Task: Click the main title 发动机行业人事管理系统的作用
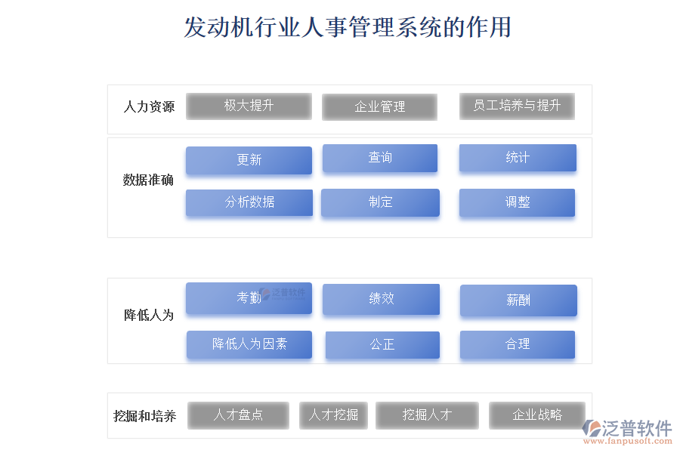348,27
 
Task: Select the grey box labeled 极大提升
249,106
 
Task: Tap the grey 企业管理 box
379,106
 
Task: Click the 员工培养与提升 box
517,106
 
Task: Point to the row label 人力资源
149,106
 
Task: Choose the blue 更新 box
249,160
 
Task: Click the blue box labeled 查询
380,158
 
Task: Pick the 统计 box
518,158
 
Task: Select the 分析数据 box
249,202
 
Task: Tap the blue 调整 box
517,202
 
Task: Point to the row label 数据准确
148,180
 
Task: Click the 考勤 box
249,297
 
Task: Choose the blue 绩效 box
382,299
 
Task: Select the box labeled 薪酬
518,300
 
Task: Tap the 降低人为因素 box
249,344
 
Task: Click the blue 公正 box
382,345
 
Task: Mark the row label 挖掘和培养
145,416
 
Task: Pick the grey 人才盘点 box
238,415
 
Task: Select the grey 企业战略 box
537,415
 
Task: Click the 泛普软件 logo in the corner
627,432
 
